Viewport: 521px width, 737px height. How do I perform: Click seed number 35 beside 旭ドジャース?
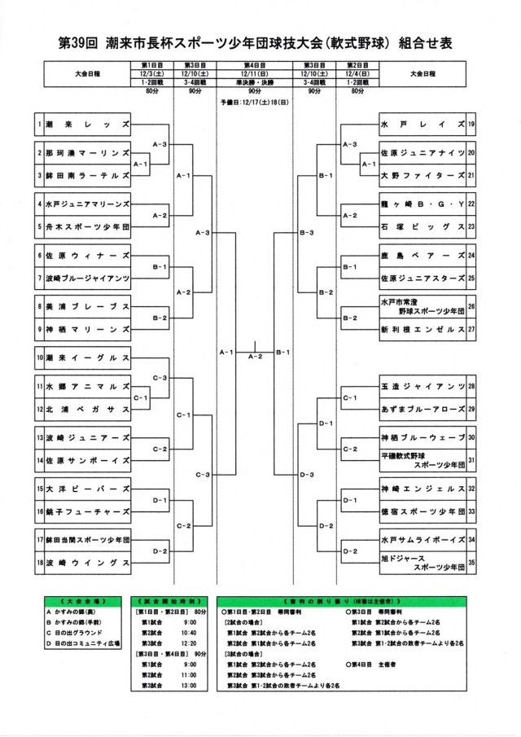pos(471,563)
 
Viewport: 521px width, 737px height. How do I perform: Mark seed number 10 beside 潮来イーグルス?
pos(38,358)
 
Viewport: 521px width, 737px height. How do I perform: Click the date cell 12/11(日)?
pos(254,75)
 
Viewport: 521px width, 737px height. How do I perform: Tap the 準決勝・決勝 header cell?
pos(254,83)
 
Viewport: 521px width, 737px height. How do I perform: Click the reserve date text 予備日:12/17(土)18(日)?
pos(255,103)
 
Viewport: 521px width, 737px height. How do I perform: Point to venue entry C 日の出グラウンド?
pos(81,631)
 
